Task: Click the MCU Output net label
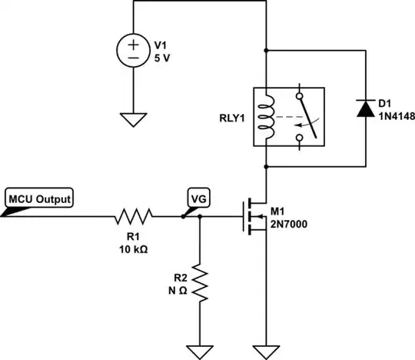click(x=40, y=199)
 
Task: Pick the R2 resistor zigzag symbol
click(x=200, y=283)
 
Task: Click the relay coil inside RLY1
click(x=266, y=116)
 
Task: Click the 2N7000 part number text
click(x=288, y=225)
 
